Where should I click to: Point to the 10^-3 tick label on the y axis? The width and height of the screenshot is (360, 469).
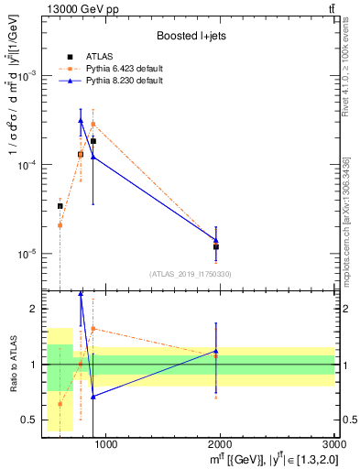pos(26,76)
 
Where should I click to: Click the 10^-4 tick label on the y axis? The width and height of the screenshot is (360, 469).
pos(26,165)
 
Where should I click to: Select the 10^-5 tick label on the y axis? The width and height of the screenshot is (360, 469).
pos(26,254)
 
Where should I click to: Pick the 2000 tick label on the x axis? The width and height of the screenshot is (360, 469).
pos(220,445)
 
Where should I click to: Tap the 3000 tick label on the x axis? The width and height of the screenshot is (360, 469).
pos(333,445)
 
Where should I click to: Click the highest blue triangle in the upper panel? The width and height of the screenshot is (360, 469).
pos(81,121)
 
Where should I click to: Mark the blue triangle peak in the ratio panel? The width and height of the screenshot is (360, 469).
pos(81,294)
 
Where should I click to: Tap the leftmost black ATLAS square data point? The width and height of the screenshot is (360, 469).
pos(60,206)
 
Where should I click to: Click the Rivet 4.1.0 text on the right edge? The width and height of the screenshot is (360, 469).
pos(349,63)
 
